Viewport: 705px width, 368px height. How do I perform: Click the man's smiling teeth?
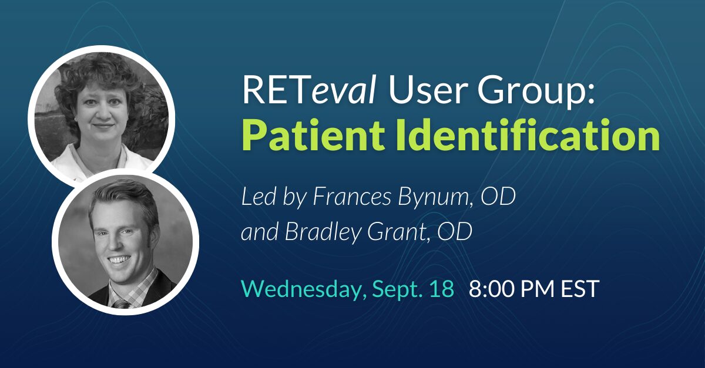120,259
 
